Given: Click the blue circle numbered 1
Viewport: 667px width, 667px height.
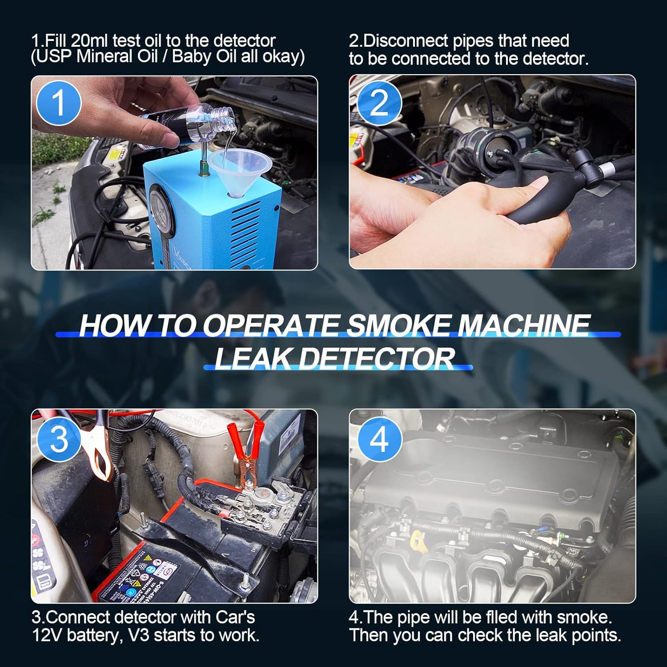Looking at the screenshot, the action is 59,103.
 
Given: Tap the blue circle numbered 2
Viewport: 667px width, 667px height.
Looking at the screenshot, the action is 379,103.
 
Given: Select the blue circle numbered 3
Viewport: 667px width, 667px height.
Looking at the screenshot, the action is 59,439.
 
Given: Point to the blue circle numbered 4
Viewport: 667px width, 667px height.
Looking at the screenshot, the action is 379,439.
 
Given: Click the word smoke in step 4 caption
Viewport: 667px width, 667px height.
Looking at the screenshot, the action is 584,618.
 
